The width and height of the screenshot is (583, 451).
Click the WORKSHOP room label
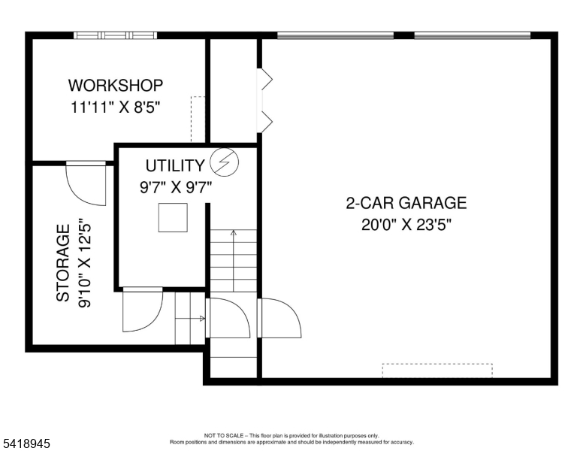tap(115, 85)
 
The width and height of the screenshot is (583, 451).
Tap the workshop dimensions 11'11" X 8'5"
tap(115, 107)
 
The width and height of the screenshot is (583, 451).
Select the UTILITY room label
tap(174, 166)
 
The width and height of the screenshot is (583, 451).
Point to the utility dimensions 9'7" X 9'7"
tap(176, 188)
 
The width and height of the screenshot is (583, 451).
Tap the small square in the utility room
tap(173, 218)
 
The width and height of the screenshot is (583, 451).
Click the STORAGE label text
tap(64, 262)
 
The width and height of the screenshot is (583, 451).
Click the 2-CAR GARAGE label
tap(406, 203)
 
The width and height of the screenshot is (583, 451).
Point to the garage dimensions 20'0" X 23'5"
tap(406, 224)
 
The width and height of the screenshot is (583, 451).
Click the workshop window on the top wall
tap(115, 35)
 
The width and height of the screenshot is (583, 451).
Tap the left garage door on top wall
tap(335, 35)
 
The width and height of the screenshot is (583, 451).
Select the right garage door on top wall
tap(472, 35)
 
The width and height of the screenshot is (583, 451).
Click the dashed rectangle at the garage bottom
tap(437, 371)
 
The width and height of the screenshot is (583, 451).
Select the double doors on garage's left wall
tap(264, 100)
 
